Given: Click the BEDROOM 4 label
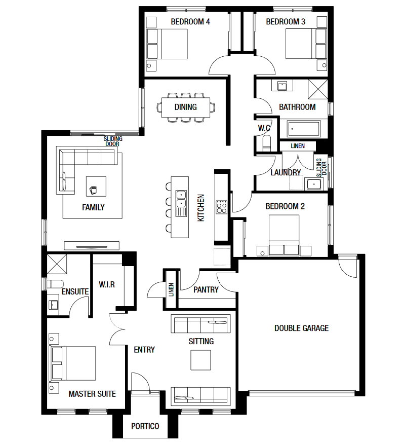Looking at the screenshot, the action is point(190,22).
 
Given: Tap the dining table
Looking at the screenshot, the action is point(186,107).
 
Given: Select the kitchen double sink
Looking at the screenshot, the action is point(181,199).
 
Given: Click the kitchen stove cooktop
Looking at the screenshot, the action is point(221,207).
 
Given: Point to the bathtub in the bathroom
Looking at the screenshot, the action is point(304,129).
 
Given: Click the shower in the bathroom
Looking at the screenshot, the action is point(318,89).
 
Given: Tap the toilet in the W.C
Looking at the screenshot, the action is point(267,143).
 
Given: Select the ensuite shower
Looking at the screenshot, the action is point(57,264).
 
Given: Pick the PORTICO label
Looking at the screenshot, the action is point(145,426).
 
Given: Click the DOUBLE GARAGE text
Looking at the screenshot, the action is point(302,328).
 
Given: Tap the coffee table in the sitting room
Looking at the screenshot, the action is point(200,360).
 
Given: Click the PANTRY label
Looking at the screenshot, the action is point(206,290).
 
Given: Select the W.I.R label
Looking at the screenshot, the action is point(107,284).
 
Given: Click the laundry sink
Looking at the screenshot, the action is point(314,184).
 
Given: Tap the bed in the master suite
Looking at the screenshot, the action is point(72,363).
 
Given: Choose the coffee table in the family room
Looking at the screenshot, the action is point(96,186).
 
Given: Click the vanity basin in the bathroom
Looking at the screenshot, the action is point(282,86).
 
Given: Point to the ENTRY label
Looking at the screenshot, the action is point(144,350).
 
